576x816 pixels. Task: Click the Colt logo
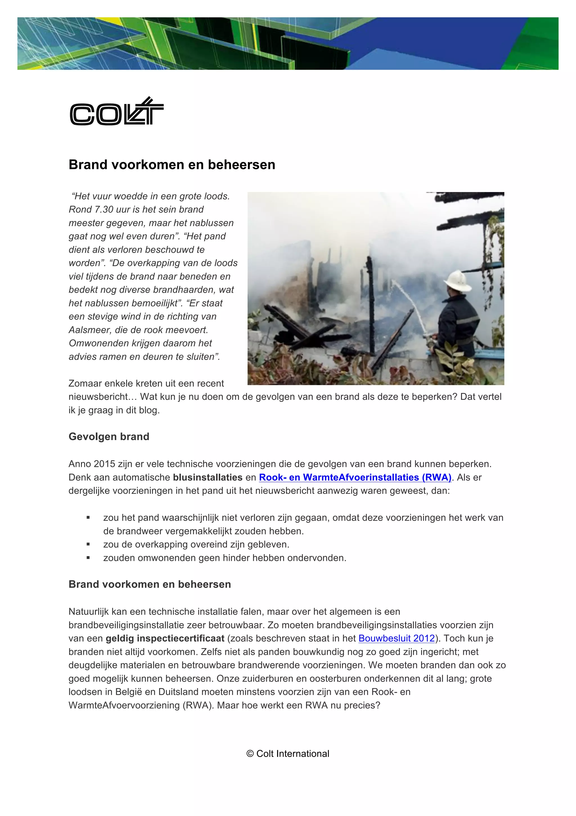116,112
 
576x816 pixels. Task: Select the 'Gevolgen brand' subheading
109,436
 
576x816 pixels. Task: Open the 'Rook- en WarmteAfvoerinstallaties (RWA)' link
355,477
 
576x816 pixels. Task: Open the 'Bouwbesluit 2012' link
396,638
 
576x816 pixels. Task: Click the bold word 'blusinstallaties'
208,477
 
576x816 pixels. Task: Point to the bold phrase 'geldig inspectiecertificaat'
165,638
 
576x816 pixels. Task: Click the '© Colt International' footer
288,753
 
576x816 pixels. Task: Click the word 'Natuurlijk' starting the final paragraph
89,612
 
